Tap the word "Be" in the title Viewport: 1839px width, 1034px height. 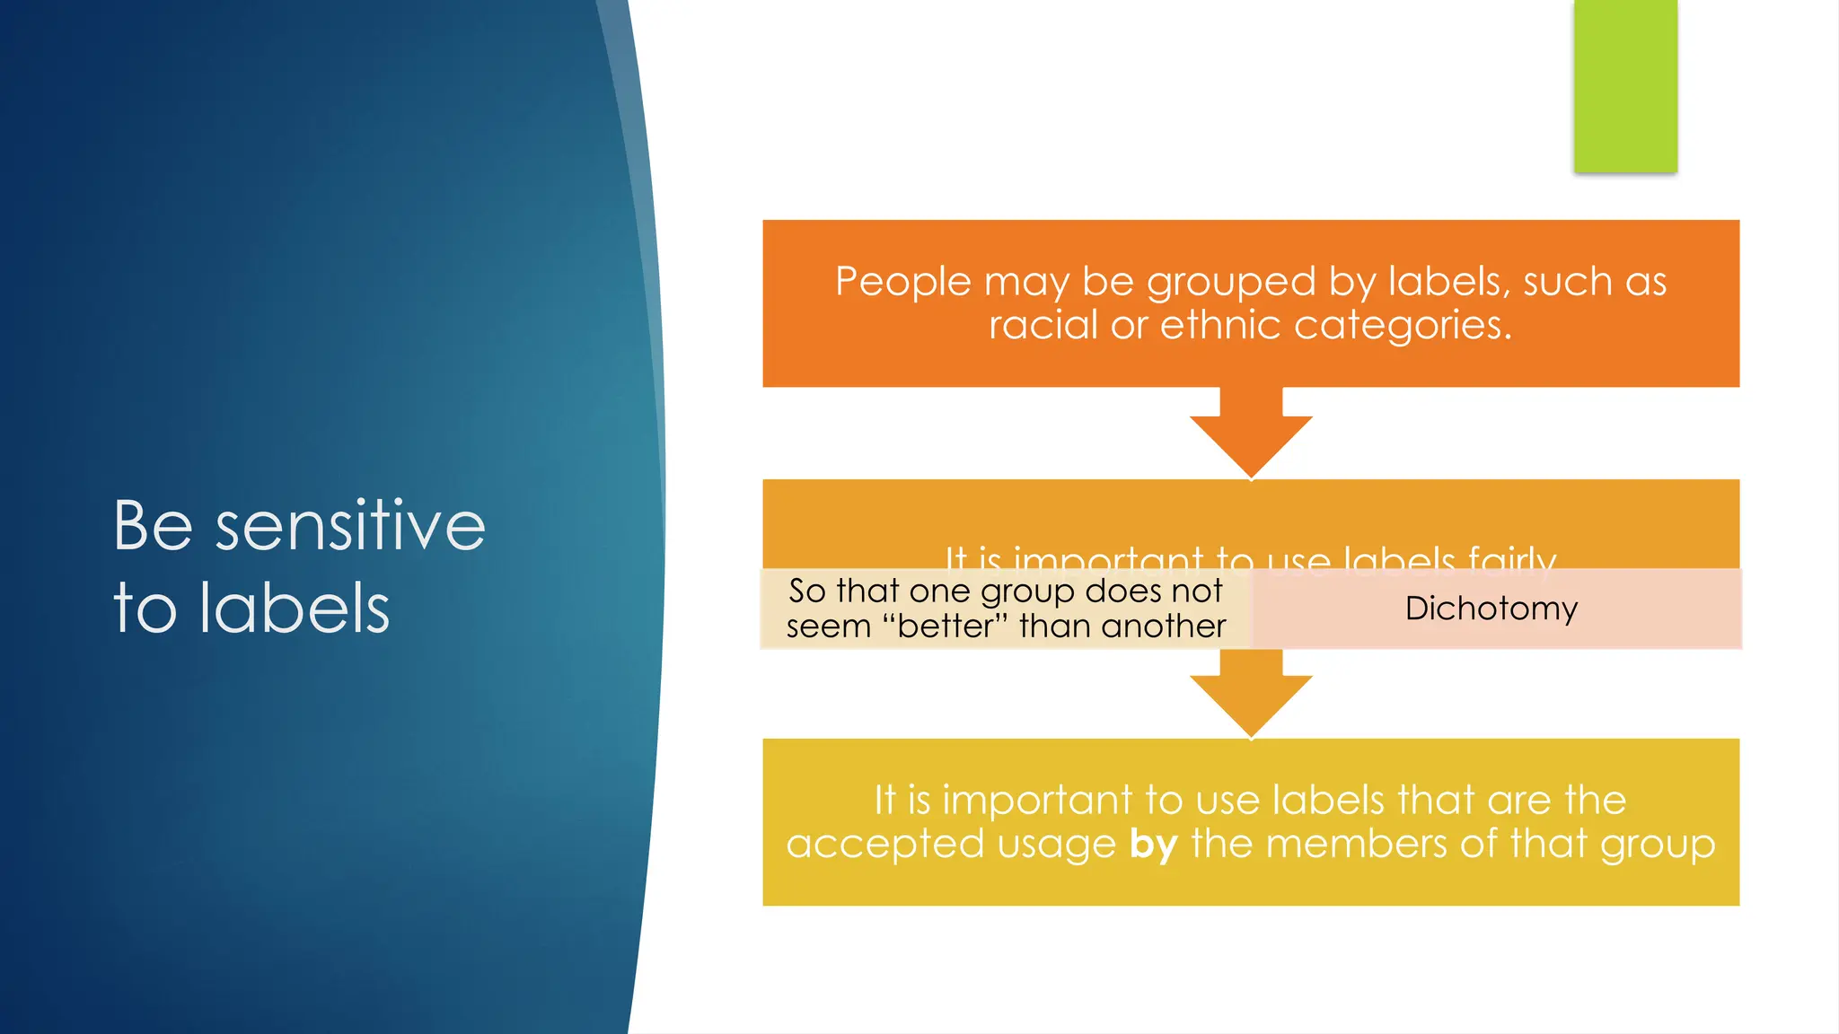point(153,526)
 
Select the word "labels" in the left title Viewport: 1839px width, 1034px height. point(295,609)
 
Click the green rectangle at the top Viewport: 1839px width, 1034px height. point(1625,85)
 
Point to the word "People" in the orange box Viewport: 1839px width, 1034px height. point(903,282)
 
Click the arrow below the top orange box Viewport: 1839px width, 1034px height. point(1251,435)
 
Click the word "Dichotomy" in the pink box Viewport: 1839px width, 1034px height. point(1491,609)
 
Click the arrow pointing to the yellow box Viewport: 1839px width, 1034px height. point(1251,696)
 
